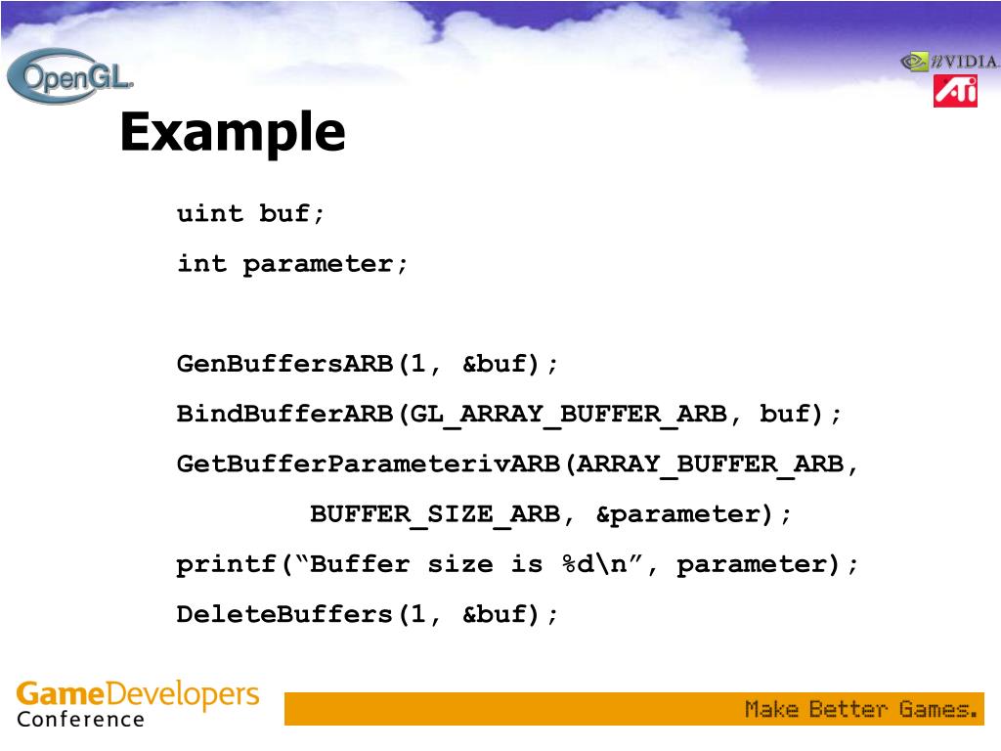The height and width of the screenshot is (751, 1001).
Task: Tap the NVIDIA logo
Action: (949, 62)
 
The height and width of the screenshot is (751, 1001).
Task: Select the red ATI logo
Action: (955, 91)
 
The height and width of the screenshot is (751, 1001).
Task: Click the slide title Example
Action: (233, 132)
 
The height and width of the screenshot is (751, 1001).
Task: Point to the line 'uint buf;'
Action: (250, 214)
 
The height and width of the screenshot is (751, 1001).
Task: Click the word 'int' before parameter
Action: (201, 264)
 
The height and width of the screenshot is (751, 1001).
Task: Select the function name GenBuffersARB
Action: (285, 365)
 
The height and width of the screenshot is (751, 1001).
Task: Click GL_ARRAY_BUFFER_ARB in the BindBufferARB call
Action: (569, 415)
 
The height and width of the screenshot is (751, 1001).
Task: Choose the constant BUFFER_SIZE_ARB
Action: (435, 514)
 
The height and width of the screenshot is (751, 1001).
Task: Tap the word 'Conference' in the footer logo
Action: (80, 720)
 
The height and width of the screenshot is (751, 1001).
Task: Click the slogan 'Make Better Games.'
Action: (861, 709)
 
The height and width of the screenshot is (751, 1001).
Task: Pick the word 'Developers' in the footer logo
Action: (182, 695)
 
